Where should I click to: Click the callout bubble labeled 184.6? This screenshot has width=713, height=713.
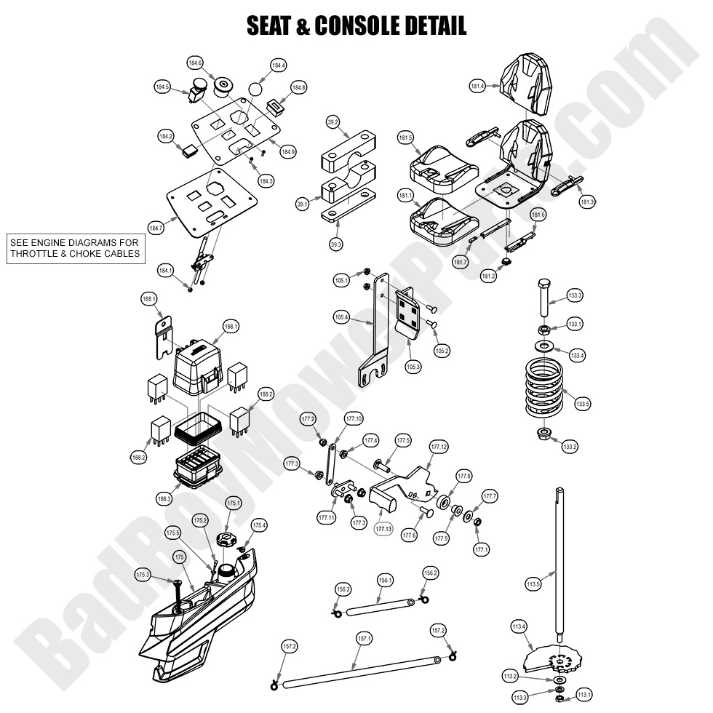click(195, 63)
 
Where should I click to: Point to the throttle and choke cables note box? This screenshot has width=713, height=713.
click(74, 247)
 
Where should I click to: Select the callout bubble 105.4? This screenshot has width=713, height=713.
click(340, 316)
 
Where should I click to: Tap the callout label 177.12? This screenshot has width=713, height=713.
click(439, 446)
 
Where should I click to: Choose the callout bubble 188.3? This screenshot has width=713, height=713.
click(164, 499)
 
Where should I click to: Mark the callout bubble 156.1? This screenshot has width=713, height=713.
click(385, 581)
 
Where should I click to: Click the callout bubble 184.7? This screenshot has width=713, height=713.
click(156, 228)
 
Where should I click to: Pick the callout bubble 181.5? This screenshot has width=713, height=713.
click(405, 138)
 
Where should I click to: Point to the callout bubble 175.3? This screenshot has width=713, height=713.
click(143, 575)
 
